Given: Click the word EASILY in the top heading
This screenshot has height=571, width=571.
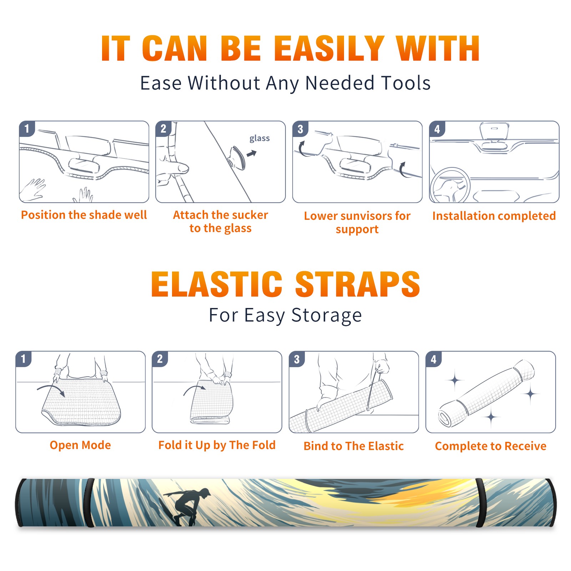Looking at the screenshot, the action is point(329,49).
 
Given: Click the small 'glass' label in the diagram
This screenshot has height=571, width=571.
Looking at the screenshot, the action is point(259,138).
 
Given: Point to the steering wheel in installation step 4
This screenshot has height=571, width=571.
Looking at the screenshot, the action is point(450,185).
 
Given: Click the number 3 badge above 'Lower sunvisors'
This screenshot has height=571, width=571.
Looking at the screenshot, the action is point(300,129).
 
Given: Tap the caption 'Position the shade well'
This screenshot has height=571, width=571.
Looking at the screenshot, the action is point(84,215).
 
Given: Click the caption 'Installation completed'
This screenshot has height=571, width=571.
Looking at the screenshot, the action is point(494,216).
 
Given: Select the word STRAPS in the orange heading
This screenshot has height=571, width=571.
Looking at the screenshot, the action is point(358,284).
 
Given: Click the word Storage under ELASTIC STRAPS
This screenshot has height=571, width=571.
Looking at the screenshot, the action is point(327,315).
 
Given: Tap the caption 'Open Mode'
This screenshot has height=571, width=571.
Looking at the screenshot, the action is point(80,445).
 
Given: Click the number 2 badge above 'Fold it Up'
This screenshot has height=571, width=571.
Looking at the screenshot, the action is point(160,359).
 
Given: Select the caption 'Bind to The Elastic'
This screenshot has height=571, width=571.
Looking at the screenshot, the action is point(354,446).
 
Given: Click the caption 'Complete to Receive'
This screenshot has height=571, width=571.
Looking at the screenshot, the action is point(491,446).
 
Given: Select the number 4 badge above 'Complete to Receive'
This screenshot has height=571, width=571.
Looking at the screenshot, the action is point(433,359).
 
